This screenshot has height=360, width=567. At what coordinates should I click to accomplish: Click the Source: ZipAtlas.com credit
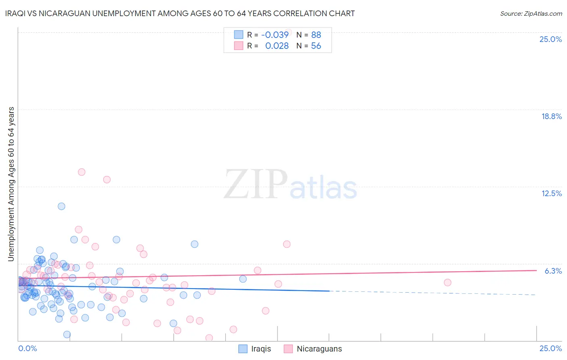click(531, 13)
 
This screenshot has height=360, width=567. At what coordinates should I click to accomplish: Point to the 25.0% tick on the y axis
click(550, 39)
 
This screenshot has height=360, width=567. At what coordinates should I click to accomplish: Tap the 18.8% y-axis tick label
click(551, 116)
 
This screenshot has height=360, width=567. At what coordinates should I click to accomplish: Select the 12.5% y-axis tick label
click(551, 193)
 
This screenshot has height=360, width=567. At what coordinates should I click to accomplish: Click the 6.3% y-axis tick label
click(553, 271)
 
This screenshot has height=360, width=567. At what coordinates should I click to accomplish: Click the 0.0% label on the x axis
click(27, 348)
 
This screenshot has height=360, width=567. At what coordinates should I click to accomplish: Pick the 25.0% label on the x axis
click(550, 348)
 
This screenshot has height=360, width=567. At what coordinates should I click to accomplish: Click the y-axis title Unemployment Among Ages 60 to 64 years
click(11, 184)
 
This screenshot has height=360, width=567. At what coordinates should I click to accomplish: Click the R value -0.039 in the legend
click(275, 35)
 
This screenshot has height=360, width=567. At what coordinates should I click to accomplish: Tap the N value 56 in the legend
click(316, 46)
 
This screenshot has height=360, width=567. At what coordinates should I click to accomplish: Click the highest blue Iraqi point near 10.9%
click(61, 206)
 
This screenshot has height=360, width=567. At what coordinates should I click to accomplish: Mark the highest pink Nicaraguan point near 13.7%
click(81, 172)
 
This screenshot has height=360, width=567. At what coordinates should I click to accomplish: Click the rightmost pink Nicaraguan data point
click(447, 283)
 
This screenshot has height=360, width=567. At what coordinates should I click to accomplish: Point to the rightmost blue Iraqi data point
click(243, 279)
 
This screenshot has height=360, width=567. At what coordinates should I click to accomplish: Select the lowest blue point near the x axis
click(67, 334)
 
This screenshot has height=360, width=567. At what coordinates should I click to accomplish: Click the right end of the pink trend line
click(536, 270)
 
